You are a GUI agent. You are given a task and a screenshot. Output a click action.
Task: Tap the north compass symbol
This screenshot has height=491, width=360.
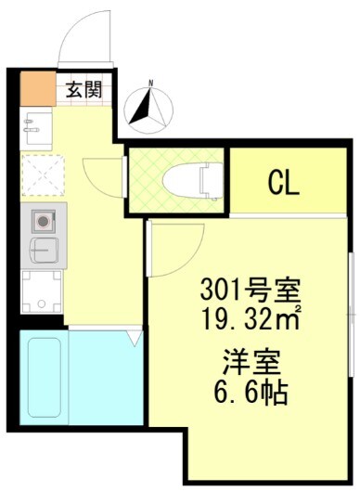tap(147, 107)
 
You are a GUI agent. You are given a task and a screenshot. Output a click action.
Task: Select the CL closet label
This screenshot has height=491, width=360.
tap(283, 182)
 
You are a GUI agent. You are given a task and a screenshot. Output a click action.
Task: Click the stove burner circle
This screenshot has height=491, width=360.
tap(43, 222)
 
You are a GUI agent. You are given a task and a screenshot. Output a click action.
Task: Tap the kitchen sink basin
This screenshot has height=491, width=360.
tap(41, 251)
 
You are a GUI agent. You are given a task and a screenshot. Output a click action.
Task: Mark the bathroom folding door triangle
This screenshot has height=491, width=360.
tap(135, 339)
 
